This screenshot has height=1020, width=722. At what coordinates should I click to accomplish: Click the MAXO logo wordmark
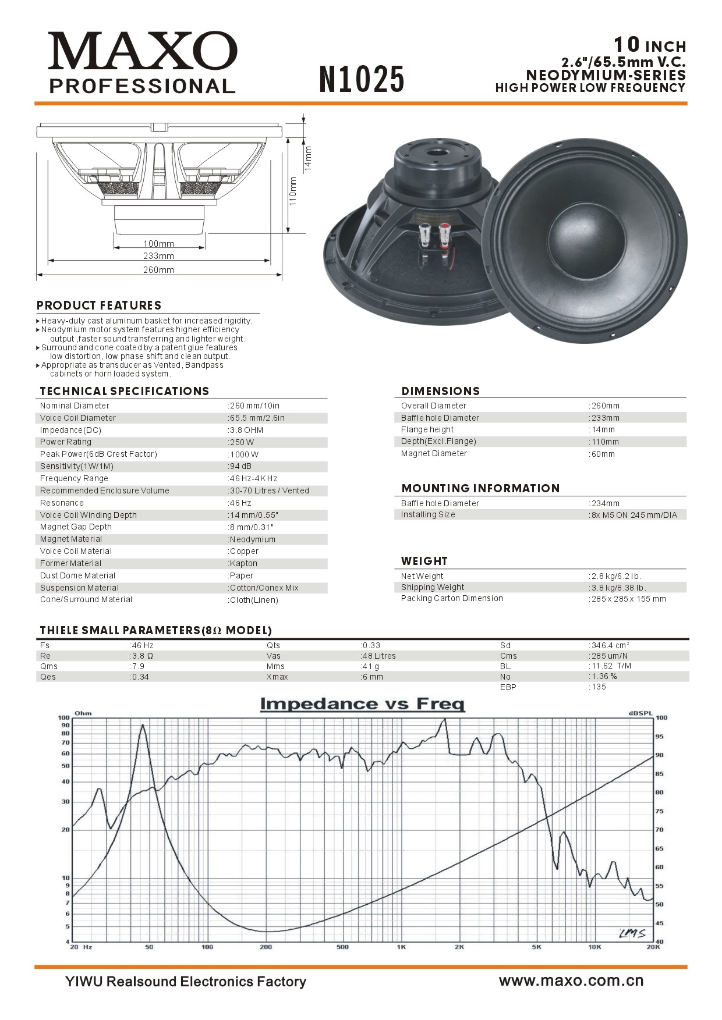coord(143,51)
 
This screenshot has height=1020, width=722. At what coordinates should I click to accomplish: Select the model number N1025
coord(362,79)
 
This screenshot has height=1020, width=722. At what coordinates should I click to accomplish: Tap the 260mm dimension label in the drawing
coord(158,270)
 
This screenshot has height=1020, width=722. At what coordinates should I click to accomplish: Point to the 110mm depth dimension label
coord(293,191)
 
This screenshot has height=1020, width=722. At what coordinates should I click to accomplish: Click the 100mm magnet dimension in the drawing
coord(158,244)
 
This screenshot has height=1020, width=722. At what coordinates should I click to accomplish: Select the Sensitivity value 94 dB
coord(240,466)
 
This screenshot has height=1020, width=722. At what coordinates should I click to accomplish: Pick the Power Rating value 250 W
coord(242,442)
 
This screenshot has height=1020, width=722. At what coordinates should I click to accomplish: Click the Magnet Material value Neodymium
coord(252,539)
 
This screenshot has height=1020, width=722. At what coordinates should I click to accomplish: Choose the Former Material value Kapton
coord(243,563)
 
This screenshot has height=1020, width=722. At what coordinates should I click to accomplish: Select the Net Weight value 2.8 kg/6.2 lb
coord(616,576)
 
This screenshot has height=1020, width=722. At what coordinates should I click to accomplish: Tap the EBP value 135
coord(599,687)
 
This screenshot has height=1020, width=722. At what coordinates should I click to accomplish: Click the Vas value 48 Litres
coord(378,656)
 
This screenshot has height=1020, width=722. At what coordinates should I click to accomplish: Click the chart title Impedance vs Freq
coord(362,704)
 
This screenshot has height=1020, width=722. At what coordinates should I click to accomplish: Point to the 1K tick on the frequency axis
coord(401,947)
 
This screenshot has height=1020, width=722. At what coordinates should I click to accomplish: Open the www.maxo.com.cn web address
coord(571,981)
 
